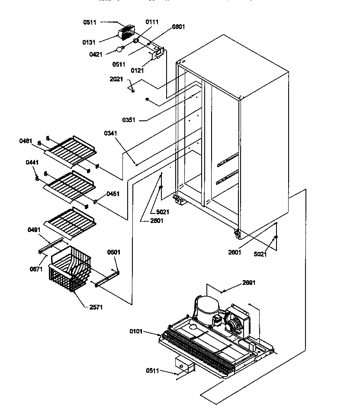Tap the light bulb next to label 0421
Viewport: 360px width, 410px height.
[120, 49]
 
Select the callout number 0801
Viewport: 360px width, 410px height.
[178, 27]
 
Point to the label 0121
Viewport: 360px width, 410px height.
[137, 71]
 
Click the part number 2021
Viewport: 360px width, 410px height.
[116, 79]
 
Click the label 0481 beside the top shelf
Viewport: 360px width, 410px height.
[26, 141]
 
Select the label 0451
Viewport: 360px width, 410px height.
[114, 194]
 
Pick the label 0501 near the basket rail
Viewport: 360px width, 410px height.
[114, 252]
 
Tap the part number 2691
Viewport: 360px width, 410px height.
[248, 283]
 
